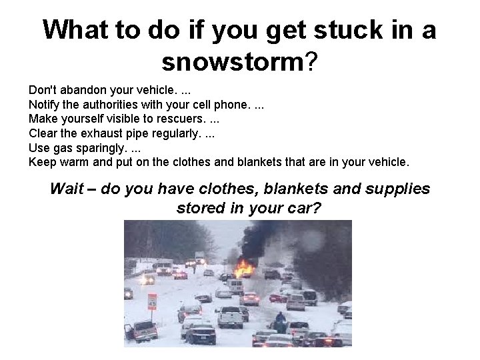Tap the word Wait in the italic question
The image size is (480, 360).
[67, 189]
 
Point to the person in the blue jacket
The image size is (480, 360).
[280, 319]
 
